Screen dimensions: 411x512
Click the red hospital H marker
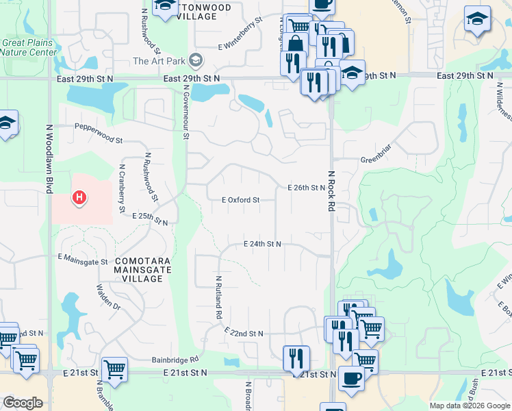click(80, 199)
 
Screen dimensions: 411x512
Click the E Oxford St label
click(235, 200)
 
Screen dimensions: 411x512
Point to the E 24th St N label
click(263, 244)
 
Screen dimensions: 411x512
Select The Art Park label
click(159, 61)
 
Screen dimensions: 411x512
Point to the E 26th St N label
click(306, 187)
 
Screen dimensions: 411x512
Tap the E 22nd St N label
click(244, 333)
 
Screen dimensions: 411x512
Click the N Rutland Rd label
click(219, 298)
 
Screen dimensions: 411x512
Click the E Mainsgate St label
click(83, 260)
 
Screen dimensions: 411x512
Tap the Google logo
click(23, 403)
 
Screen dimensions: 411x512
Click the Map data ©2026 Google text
click(468, 406)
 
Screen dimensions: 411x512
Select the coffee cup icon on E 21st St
click(351, 377)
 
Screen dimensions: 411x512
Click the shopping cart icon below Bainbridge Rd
click(114, 369)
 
